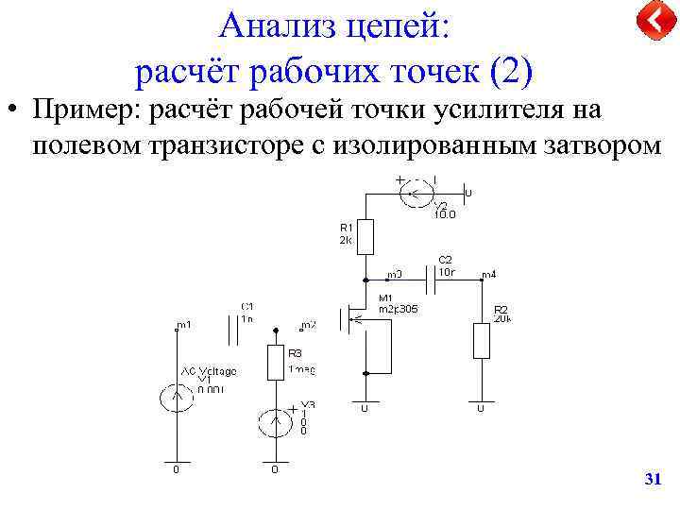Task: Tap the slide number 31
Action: pyautogui.click(x=652, y=481)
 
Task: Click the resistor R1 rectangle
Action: pyautogui.click(x=365, y=236)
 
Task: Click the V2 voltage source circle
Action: pyautogui.click(x=416, y=195)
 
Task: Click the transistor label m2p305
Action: pyautogui.click(x=398, y=309)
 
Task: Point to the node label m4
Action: pyautogui.click(x=489, y=275)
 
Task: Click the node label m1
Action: pyautogui.click(x=184, y=325)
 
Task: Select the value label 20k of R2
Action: pyautogui.click(x=501, y=318)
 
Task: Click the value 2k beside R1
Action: pyautogui.click(x=345, y=240)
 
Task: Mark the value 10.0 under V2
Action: pyautogui.click(x=445, y=214)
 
